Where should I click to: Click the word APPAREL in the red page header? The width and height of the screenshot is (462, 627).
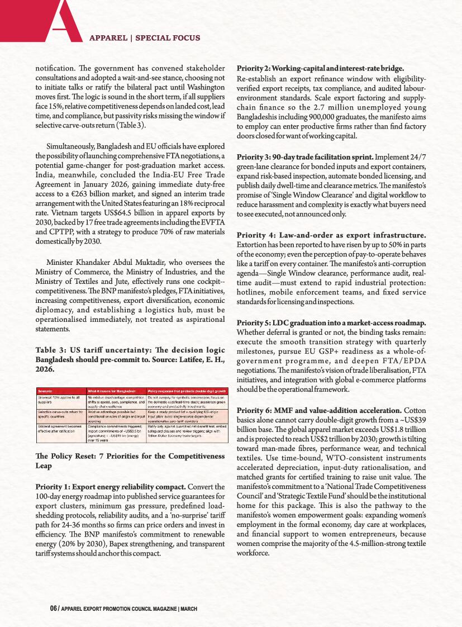coord(108,38)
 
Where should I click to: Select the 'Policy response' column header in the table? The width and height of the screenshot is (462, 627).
coord(185,391)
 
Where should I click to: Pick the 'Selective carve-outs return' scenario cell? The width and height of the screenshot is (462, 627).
coord(60,414)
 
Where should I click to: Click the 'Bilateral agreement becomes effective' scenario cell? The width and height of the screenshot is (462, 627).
coord(60,429)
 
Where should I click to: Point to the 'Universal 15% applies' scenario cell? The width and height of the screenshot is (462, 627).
coord(60,400)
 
